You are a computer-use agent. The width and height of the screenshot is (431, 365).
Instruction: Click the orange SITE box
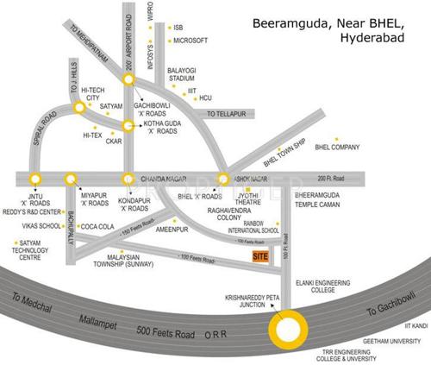click(259, 256)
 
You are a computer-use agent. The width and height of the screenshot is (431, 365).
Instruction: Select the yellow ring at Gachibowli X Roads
click(128, 79)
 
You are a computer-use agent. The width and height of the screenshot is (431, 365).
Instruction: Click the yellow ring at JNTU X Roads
click(34, 179)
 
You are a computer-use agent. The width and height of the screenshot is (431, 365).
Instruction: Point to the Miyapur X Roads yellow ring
click(71, 179)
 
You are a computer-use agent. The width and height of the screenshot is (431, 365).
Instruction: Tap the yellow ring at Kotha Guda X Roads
click(128, 125)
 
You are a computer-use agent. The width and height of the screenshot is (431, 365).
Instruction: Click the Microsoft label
click(191, 40)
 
